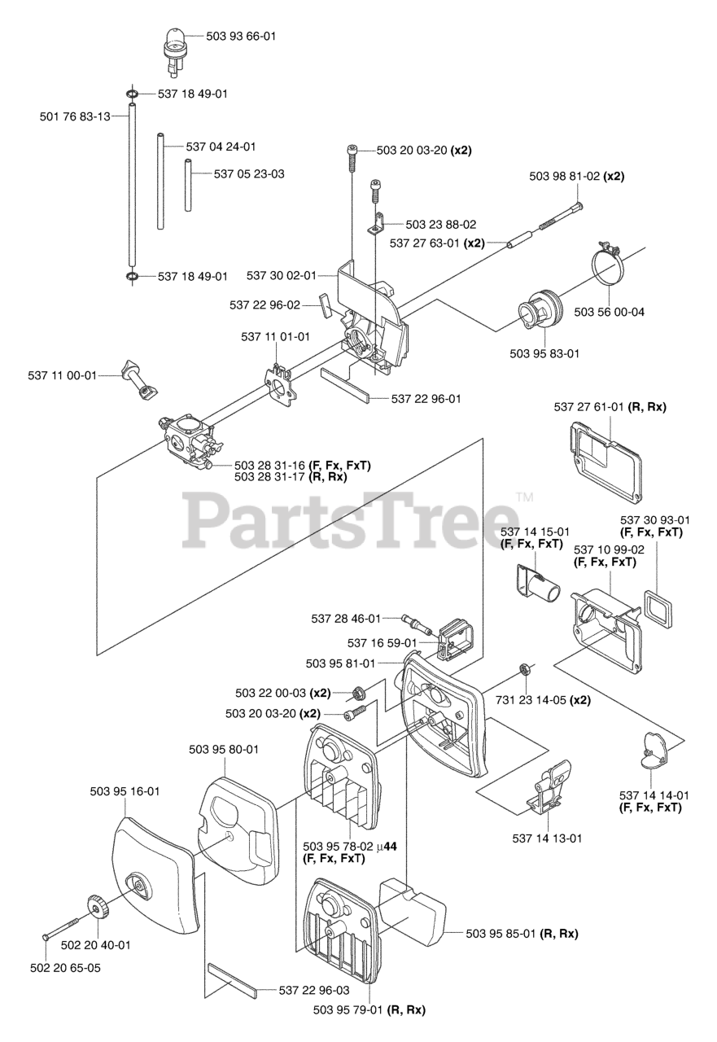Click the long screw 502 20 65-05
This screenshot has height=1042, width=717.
pos(60,931)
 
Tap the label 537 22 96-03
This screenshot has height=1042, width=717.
pos(314,991)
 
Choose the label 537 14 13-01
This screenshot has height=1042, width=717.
pos(546,837)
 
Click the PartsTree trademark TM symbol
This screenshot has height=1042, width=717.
pos(524,496)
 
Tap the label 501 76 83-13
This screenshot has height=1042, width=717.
pos(75,116)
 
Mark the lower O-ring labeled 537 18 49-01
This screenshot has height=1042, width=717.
pos(132,278)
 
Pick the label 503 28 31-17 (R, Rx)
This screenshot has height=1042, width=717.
pos(290,477)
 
